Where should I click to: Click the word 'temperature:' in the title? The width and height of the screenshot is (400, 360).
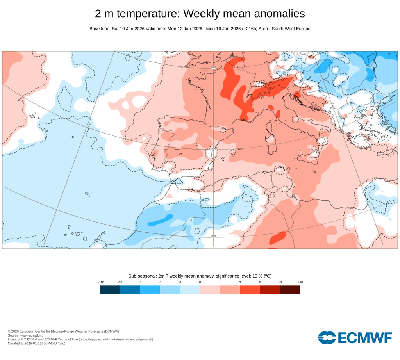tap(148, 14)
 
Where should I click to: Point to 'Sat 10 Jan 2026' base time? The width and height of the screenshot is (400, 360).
tap(128, 29)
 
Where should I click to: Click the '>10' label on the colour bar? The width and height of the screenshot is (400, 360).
tap(300, 282)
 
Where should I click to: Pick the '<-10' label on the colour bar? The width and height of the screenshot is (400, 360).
tap(100, 282)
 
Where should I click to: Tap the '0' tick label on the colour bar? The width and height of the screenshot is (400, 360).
tap(200, 282)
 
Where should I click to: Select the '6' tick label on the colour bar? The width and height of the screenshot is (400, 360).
tap(260, 282)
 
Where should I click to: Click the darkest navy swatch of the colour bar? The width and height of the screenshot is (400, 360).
tap(110, 290)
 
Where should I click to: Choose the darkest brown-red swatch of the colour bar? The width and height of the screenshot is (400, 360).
tap(290, 290)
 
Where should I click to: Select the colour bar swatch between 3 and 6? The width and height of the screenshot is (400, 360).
tap(250, 290)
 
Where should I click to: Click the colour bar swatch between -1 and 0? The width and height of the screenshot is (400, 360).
tap(190, 290)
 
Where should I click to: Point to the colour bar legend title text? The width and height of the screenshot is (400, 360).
tap(200, 276)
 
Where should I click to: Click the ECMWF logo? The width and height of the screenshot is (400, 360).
tap(355, 337)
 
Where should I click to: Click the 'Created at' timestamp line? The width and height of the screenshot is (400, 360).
tap(36, 344)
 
